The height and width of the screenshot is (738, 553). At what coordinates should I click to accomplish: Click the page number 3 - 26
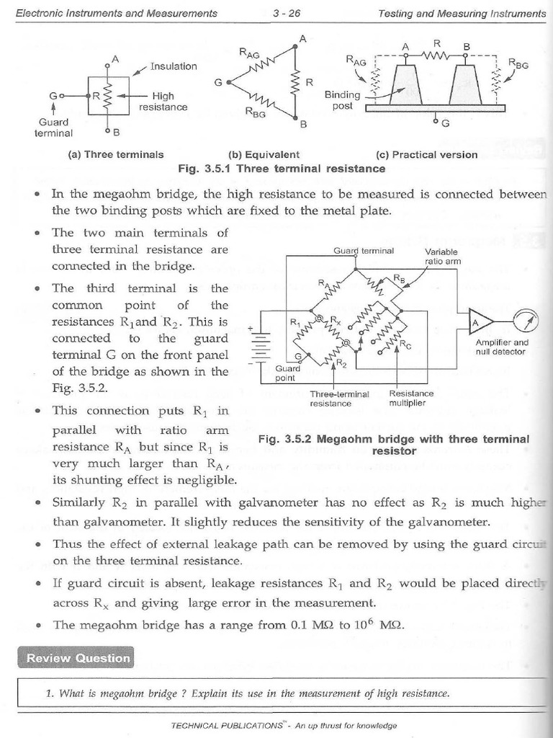[x=287, y=13]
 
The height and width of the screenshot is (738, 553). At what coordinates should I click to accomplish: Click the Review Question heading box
[x=78, y=657]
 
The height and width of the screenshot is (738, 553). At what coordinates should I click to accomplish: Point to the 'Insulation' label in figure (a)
[x=174, y=66]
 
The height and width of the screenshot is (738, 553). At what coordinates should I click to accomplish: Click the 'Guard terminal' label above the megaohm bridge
[x=364, y=251]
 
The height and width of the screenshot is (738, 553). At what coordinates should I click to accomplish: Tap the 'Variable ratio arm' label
[x=443, y=257]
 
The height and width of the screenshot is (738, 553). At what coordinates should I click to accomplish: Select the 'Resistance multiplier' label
[x=411, y=399]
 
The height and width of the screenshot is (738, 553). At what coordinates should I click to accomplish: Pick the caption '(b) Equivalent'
[x=264, y=154]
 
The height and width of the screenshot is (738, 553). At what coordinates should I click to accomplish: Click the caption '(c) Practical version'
[x=426, y=154]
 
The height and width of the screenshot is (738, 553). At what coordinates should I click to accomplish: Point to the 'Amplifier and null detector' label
[x=502, y=347]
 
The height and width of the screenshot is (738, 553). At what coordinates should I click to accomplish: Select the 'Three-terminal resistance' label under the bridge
[x=339, y=399]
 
